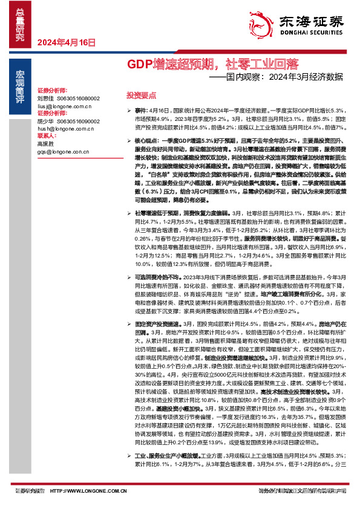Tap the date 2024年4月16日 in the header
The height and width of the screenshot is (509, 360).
(67, 42)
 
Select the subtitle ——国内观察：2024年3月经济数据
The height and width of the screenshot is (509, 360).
(276, 77)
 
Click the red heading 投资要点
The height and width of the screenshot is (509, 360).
(141, 96)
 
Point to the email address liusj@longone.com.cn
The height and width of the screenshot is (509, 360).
(63, 105)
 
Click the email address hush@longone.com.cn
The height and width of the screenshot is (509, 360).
(64, 129)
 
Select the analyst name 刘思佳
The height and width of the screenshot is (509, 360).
(45, 97)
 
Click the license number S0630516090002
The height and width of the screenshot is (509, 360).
(78, 121)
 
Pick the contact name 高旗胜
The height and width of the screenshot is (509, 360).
(45, 144)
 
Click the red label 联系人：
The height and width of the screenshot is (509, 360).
(47, 136)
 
